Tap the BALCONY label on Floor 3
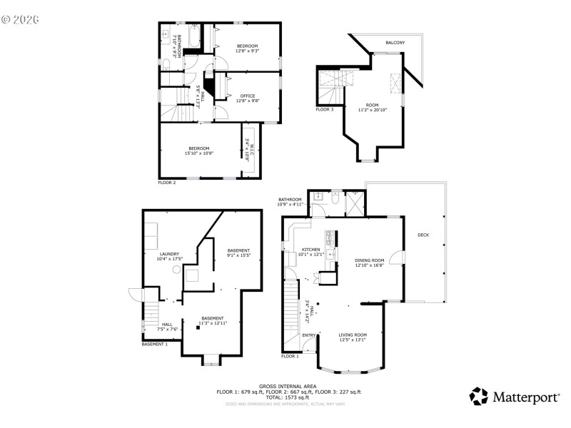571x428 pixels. [395, 43]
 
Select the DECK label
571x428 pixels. [423, 235]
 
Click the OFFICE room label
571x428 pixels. [247, 96]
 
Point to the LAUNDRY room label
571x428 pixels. [169, 253]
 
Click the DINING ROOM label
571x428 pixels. [370, 260]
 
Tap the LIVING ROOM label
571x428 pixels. [352, 335]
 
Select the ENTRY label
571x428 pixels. [309, 335]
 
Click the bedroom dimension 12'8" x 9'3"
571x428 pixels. [247, 51]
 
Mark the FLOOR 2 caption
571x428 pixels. [167, 183]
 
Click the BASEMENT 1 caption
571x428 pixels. [155, 344]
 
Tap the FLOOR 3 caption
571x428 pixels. [325, 109]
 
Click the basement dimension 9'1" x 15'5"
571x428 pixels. [238, 255]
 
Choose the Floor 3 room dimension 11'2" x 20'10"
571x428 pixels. [372, 110]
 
